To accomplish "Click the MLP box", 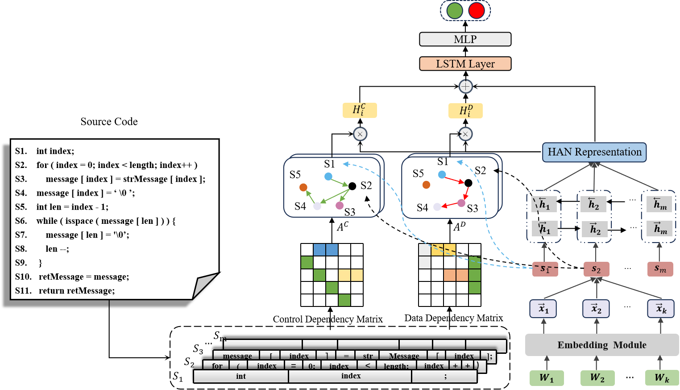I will point(465,39).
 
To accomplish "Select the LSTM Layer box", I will point(465,64).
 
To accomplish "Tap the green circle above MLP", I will point(455,11).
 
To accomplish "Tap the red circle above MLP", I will point(477,11).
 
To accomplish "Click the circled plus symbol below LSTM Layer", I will point(465,86).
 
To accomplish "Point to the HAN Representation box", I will point(594,152).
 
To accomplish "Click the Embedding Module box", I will point(601,345).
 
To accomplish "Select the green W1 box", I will point(547,378).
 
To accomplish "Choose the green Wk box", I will point(662,378).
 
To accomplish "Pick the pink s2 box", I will point(596,269).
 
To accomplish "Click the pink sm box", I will point(660,269).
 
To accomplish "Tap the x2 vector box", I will point(596,309).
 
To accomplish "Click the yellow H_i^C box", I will point(360,110).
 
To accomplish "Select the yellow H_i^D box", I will point(465,110).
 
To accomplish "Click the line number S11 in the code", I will point(23,291).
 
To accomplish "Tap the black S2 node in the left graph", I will point(352,186).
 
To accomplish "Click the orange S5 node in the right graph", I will point(426,185).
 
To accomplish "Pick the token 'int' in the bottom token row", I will point(241,376).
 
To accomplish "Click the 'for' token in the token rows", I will point(217,366).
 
